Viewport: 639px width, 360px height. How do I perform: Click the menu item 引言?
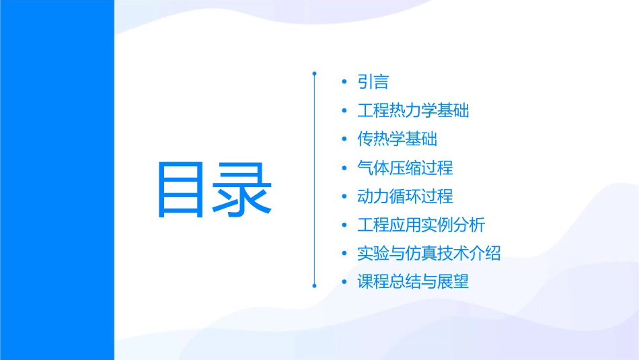pyautogui.click(x=373, y=82)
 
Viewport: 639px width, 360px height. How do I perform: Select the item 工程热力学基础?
pyautogui.click(x=413, y=110)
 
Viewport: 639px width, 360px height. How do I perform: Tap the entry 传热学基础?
pyautogui.click(x=397, y=139)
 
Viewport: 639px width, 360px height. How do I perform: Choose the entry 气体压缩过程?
pyautogui.click(x=405, y=168)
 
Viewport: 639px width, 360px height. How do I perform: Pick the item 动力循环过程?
pyautogui.click(x=405, y=196)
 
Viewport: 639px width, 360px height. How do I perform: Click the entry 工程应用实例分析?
pyautogui.click(x=421, y=225)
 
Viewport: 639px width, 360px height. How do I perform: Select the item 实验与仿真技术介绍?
pyautogui.click(x=429, y=254)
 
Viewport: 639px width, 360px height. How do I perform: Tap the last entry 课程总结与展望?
pyautogui.click(x=413, y=282)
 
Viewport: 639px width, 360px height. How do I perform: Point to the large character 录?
pyautogui.click(x=243, y=190)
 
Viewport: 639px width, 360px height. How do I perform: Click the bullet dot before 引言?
pyautogui.click(x=344, y=83)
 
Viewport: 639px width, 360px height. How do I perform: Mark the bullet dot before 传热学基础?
pyautogui.click(x=344, y=140)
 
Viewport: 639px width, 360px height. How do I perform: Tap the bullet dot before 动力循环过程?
pyautogui.click(x=344, y=197)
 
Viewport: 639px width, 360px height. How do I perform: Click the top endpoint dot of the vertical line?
pyautogui.click(x=314, y=72)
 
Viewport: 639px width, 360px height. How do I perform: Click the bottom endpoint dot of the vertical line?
pyautogui.click(x=314, y=285)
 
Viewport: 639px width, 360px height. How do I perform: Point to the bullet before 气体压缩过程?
pyautogui.click(x=344, y=168)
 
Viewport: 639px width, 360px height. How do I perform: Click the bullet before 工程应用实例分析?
pyautogui.click(x=344, y=225)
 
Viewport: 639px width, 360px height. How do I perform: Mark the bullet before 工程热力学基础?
pyautogui.click(x=344, y=111)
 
